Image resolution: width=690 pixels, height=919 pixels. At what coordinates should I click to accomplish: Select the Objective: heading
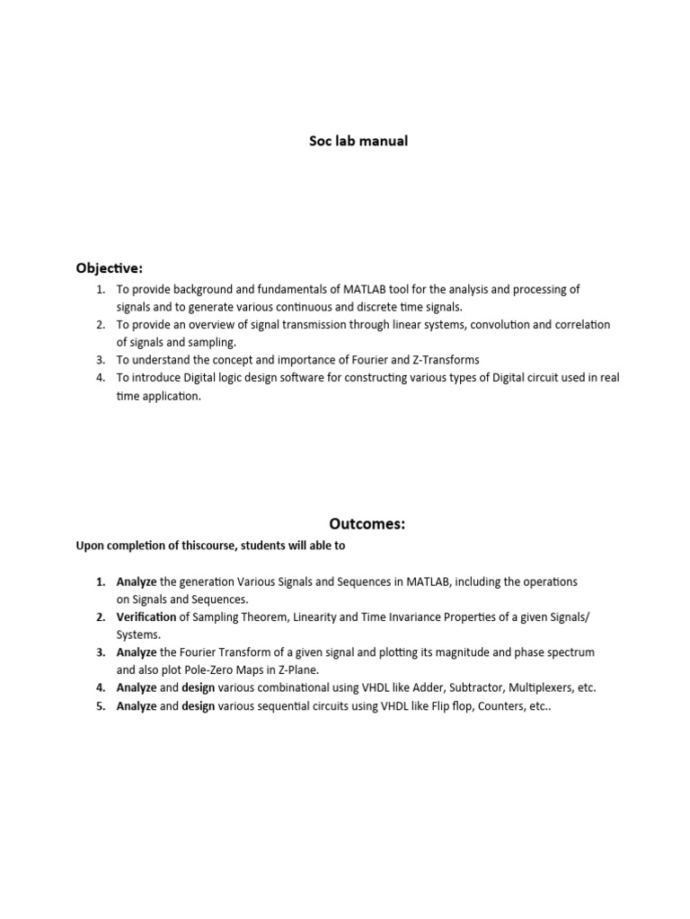click(x=109, y=268)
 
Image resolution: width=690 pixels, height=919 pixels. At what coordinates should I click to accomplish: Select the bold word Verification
click(x=146, y=617)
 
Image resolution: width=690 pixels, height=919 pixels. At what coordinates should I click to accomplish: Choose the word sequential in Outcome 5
click(x=291, y=705)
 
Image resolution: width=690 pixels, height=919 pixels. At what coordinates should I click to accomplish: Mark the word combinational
click(x=298, y=687)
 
